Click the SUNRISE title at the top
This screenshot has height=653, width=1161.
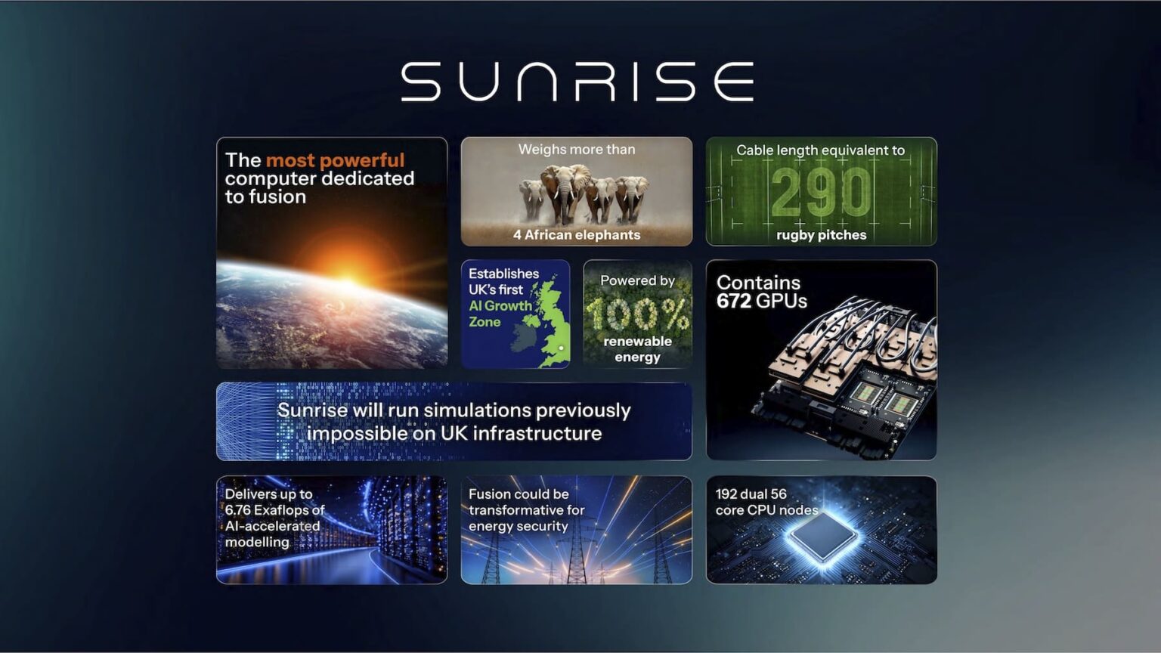[x=577, y=82]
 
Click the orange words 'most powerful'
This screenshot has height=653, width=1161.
[x=335, y=160]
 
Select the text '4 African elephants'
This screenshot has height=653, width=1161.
[x=577, y=235]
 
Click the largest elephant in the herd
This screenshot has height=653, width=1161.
[x=563, y=190]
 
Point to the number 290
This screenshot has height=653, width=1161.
[x=821, y=193]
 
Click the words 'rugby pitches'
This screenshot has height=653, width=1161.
[x=821, y=235]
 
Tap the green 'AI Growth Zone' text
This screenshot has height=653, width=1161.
[x=499, y=314]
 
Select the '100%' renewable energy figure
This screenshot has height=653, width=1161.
[x=637, y=313]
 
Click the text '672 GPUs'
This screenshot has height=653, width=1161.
[x=761, y=302]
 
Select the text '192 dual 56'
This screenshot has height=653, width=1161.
[x=751, y=494]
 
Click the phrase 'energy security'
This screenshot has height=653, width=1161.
[x=518, y=527]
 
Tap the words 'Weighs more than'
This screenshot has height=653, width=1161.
[x=577, y=150]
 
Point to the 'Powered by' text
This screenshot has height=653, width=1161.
[x=637, y=280]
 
